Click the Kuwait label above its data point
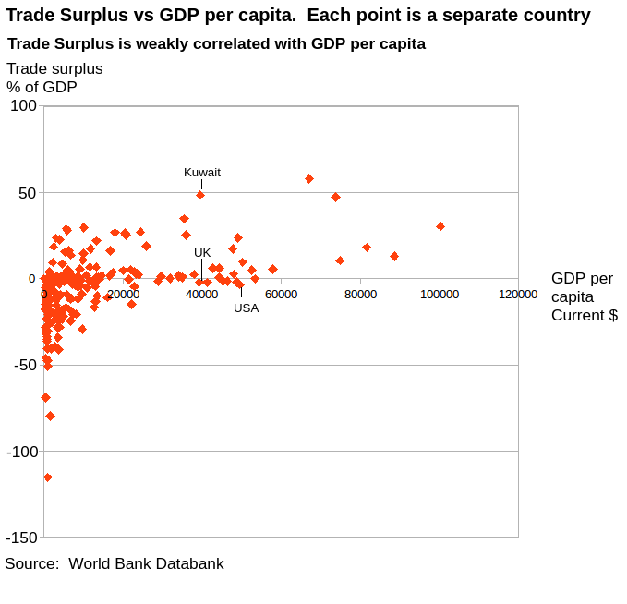(x=202, y=173)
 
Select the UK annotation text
(x=202, y=253)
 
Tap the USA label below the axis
(x=246, y=308)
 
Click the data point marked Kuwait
(x=200, y=195)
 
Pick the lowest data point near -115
(x=48, y=477)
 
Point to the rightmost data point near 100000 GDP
(x=440, y=226)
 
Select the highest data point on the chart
(x=309, y=178)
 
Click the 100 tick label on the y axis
(x=23, y=106)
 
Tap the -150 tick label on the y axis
(x=22, y=538)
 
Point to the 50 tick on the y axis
(x=27, y=193)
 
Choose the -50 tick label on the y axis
(x=25, y=366)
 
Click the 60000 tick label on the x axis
(x=281, y=295)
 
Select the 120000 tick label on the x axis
(x=518, y=295)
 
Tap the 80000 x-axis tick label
(x=360, y=295)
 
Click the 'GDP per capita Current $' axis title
(x=584, y=296)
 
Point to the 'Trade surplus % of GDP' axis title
(x=54, y=78)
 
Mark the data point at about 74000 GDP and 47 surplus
(x=336, y=197)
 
